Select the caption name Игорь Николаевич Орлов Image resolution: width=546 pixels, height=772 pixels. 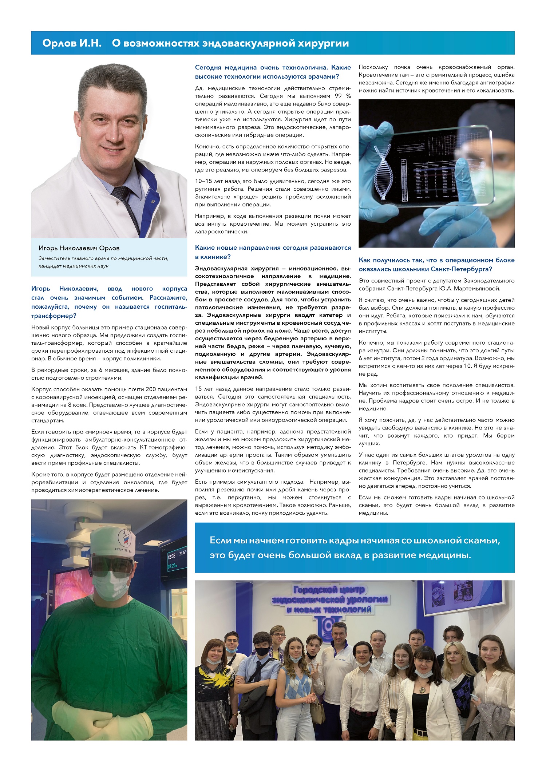click(79, 248)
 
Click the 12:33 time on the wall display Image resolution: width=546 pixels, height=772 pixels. click(171, 556)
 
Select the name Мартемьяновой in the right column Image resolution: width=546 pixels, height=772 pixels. click(477, 289)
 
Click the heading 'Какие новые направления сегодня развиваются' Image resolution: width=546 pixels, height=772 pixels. click(273, 248)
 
